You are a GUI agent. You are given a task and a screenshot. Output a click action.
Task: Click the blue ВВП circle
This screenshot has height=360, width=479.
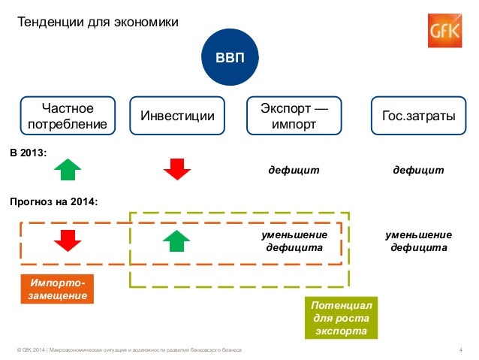pyautogui.click(x=230, y=57)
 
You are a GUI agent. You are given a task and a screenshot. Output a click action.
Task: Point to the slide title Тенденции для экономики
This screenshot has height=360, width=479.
pyautogui.click(x=98, y=23)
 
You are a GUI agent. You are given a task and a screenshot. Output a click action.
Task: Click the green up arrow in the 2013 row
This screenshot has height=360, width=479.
pyautogui.click(x=68, y=170)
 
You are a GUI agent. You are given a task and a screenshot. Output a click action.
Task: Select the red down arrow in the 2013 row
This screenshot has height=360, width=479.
pyautogui.click(x=178, y=170)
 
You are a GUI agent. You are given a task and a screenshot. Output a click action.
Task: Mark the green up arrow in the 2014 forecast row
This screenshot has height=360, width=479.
pyautogui.click(x=177, y=241)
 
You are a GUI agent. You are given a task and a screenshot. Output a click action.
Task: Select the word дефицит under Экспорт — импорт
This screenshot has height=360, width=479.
pyautogui.click(x=294, y=171)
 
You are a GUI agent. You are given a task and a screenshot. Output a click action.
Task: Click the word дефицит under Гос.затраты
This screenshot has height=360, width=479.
pyautogui.click(x=418, y=171)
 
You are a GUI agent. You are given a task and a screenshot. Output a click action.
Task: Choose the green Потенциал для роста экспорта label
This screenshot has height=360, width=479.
pyautogui.click(x=342, y=318)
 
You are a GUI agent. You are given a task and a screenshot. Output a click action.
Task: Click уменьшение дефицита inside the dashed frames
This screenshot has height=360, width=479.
pyautogui.click(x=294, y=241)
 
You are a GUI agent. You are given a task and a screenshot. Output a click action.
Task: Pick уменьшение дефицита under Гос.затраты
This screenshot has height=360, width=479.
pyautogui.click(x=418, y=241)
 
